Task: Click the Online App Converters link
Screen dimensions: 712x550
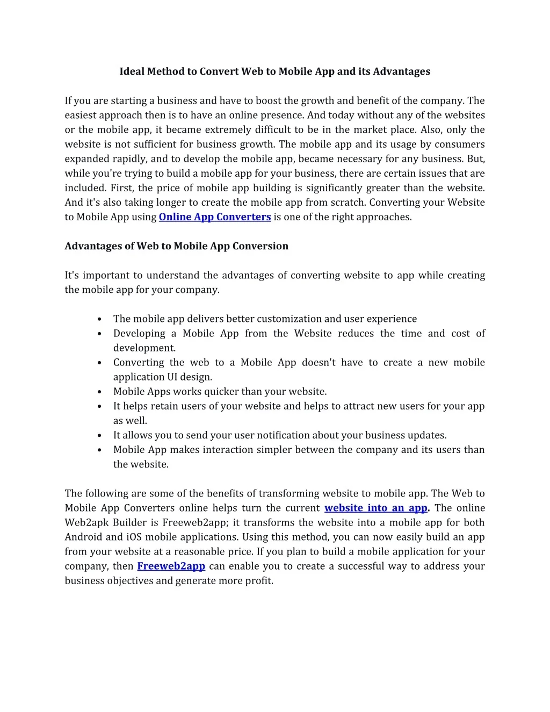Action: pyautogui.click(x=214, y=217)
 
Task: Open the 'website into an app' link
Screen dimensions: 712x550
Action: pyautogui.click(x=375, y=508)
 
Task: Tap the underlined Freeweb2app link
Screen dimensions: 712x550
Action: pyautogui.click(x=171, y=566)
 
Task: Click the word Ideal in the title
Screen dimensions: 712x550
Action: pyautogui.click(x=132, y=71)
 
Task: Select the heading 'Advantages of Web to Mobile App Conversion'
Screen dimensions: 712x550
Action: pyautogui.click(x=176, y=246)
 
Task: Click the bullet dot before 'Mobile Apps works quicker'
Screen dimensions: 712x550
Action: pyautogui.click(x=100, y=392)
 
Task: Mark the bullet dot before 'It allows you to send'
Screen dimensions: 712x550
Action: pyautogui.click(x=100, y=436)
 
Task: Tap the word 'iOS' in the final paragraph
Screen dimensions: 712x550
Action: pyautogui.click(x=134, y=537)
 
